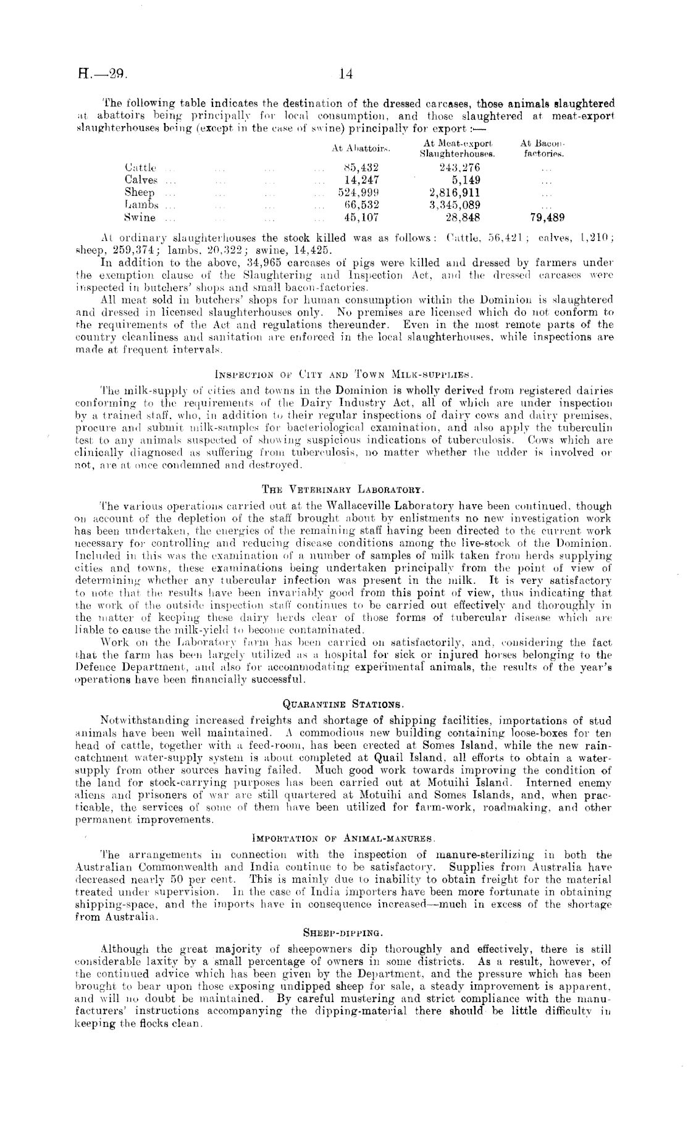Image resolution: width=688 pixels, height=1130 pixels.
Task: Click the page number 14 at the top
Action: [x=345, y=75]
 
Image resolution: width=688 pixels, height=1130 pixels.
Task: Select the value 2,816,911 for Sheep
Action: [x=456, y=192]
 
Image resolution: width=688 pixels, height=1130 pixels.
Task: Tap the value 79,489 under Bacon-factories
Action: [x=547, y=217]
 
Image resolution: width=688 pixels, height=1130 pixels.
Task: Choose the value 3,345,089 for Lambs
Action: [x=456, y=204]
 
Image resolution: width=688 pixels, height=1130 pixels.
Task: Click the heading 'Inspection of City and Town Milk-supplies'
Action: [x=343, y=374]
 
